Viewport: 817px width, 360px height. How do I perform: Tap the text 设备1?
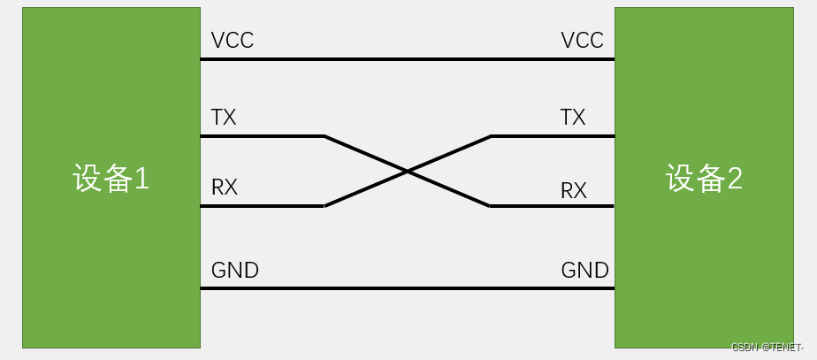coord(111,180)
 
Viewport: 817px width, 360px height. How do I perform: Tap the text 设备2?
coord(704,180)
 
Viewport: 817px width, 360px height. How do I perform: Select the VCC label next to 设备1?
coord(233,41)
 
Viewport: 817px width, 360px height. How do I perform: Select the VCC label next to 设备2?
coord(582,41)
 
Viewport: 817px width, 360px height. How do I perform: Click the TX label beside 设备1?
coord(224,118)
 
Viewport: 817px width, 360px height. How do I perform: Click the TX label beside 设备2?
coord(573,118)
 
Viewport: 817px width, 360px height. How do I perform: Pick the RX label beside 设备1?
coord(225,188)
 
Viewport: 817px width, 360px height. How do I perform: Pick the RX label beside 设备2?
coord(574,190)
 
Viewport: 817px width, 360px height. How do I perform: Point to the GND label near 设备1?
coord(235,270)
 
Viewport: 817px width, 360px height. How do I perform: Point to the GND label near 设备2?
coord(584,270)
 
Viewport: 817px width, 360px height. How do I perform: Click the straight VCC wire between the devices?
coord(407,59)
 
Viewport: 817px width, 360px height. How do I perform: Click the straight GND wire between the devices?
coord(407,288)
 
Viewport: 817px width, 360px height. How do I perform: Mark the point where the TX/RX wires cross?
coord(407,171)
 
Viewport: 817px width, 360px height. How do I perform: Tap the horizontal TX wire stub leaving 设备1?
coord(262,136)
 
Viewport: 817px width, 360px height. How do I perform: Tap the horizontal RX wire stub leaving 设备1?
coord(262,206)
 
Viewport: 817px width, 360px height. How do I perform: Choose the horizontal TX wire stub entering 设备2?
coord(553,136)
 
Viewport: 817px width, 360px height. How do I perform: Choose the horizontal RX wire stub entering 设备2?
coord(553,206)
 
